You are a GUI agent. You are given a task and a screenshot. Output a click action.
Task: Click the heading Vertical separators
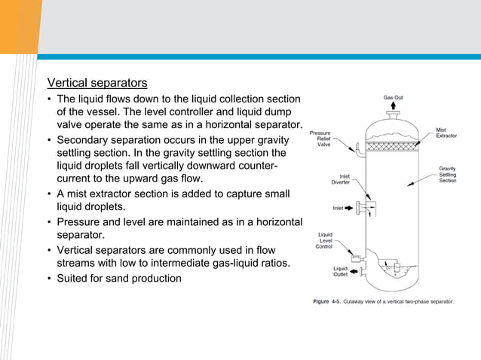(97, 82)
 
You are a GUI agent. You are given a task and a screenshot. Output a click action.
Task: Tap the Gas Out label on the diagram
(393, 97)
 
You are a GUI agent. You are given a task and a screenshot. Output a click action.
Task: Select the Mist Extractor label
(446, 133)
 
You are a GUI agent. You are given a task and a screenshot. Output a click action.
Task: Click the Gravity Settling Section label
(447, 174)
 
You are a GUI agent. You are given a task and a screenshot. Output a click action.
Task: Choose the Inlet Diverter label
(340, 179)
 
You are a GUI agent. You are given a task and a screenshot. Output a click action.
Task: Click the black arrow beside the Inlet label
(351, 207)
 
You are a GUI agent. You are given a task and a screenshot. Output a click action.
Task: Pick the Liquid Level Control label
(324, 240)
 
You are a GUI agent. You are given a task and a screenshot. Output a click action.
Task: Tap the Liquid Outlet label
(340, 271)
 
